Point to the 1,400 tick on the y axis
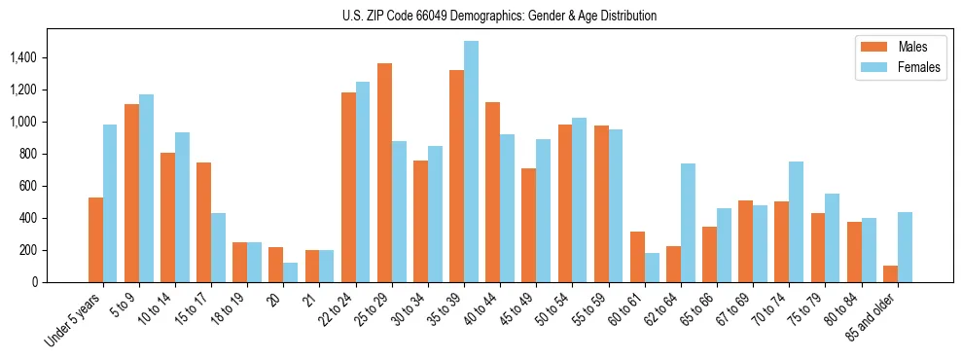point(22,58)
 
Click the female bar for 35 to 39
point(471,162)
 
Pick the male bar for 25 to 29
point(384,173)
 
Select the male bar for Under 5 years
point(95,240)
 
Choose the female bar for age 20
point(290,272)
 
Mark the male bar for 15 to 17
point(203,223)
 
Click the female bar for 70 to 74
point(796,222)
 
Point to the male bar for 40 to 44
point(492,193)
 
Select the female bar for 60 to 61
point(652,268)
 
